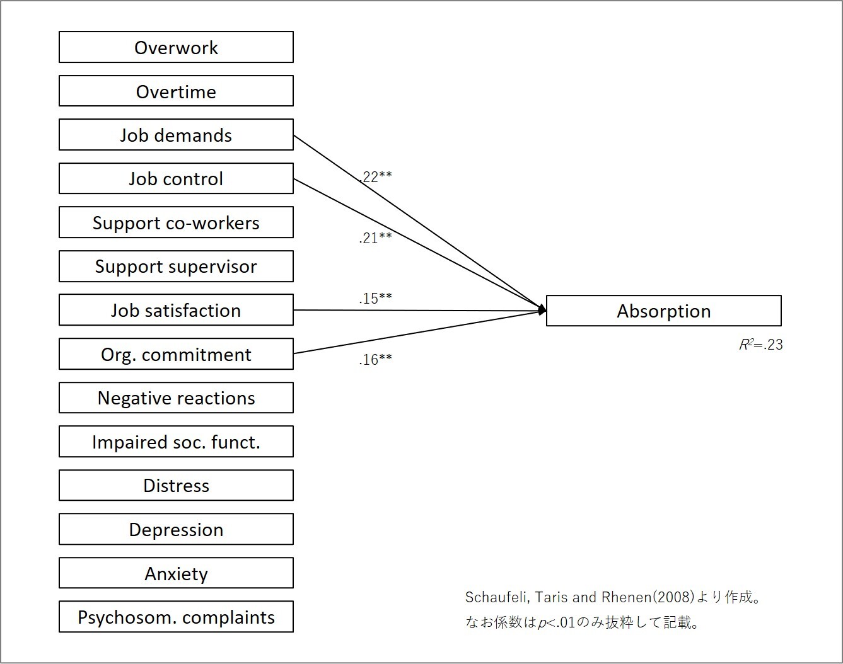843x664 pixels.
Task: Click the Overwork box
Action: [x=176, y=47]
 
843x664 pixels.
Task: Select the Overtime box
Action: [x=176, y=91]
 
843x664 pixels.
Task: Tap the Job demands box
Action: [x=176, y=135]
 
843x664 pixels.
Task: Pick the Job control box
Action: [x=176, y=178]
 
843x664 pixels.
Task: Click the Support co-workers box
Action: [x=176, y=222]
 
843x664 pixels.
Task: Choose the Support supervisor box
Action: [x=176, y=266]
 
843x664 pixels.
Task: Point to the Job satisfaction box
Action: [x=176, y=310]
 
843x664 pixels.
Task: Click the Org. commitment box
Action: [x=176, y=354]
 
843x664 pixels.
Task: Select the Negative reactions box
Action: [x=176, y=398]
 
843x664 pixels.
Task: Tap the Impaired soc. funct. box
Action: [x=176, y=442]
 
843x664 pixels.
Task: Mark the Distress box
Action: [x=176, y=486]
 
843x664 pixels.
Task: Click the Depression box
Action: [x=176, y=529]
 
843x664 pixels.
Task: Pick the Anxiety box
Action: [x=176, y=573]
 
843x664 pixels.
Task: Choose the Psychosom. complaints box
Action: [x=176, y=617]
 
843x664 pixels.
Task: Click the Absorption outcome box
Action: [x=663, y=311]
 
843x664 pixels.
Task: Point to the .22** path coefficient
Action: [x=375, y=176]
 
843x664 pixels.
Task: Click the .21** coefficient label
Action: [x=375, y=238]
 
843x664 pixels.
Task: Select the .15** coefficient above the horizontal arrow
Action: [x=375, y=299]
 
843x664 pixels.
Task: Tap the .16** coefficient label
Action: [x=375, y=360]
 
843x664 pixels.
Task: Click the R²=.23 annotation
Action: [x=761, y=345]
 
